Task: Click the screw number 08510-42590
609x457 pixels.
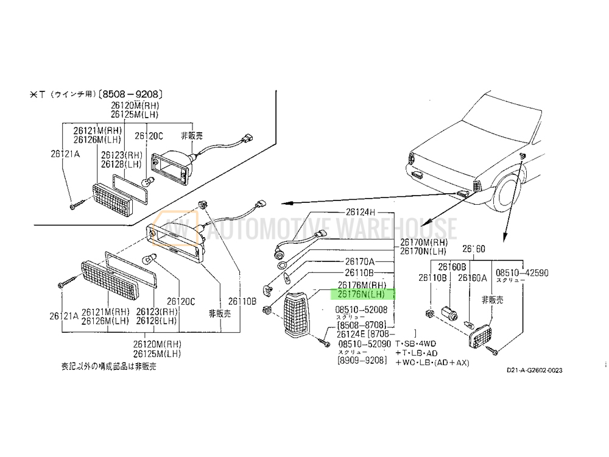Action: pyautogui.click(x=521, y=273)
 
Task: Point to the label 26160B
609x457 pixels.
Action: pyautogui.click(x=451, y=267)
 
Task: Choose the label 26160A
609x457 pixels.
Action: pyautogui.click(x=472, y=278)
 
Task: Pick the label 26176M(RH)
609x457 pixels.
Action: pyautogui.click(x=362, y=285)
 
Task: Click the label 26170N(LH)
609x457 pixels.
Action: pyautogui.click(x=423, y=251)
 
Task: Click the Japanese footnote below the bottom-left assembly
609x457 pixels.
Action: pyautogui.click(x=108, y=366)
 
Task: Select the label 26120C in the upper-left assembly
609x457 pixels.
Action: pyautogui.click(x=149, y=135)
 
